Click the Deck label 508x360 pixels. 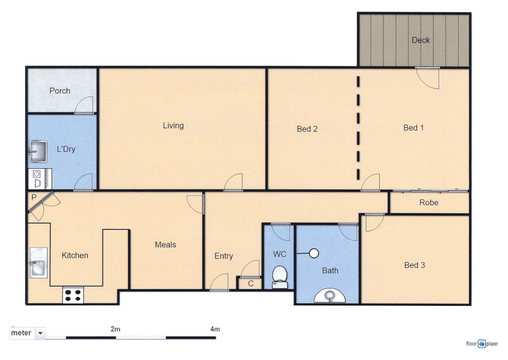421,40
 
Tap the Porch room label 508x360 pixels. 60,91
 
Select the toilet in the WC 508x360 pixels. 280,277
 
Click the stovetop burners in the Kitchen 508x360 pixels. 73,295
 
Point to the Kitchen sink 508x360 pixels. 39,263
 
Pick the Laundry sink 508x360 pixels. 38,151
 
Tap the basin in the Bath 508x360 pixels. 330,295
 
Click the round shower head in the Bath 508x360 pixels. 314,253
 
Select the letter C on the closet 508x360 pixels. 251,284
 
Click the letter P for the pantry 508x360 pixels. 34,197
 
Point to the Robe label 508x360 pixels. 429,203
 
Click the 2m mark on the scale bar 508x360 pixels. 116,329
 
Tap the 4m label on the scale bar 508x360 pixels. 215,329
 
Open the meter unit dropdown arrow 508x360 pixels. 40,333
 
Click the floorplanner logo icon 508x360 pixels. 482,344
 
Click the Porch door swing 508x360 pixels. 84,106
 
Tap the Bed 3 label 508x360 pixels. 414,265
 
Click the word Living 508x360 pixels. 173,126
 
